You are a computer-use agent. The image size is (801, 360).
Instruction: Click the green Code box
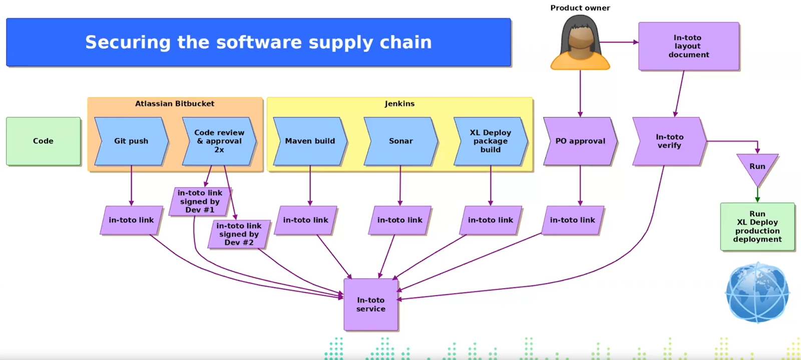click(x=43, y=141)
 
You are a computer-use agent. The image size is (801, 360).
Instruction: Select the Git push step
click(x=131, y=141)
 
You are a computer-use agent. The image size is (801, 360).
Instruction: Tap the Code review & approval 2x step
click(x=219, y=141)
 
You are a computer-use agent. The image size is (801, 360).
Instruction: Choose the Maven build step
click(x=310, y=141)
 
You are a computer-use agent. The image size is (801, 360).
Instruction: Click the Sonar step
click(x=401, y=141)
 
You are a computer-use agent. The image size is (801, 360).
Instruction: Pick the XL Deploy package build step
click(x=491, y=141)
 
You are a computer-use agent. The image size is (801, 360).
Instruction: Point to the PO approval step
click(x=580, y=141)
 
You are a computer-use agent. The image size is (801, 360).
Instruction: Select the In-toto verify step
click(x=670, y=141)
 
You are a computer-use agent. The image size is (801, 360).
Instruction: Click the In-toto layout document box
click(x=689, y=46)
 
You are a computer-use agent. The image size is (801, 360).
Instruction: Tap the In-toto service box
click(x=371, y=304)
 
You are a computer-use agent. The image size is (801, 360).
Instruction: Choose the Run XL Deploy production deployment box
click(x=757, y=227)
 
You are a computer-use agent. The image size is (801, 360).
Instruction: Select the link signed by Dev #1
click(x=200, y=202)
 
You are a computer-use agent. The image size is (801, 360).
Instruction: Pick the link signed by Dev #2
click(x=239, y=234)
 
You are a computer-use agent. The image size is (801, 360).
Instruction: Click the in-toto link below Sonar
click(x=400, y=220)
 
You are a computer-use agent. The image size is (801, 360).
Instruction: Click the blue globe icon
click(x=757, y=292)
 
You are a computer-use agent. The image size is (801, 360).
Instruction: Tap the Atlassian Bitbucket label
click(x=175, y=104)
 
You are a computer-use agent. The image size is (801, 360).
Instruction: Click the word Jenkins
click(x=400, y=104)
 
